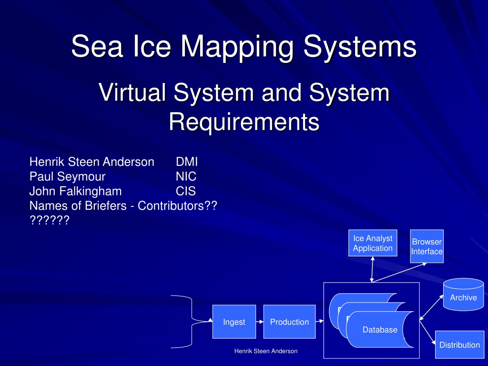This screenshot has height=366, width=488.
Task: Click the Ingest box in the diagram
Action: (234, 322)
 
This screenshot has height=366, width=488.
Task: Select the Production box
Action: (289, 322)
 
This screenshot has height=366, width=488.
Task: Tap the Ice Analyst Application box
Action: (373, 243)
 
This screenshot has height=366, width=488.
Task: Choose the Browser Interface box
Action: (427, 246)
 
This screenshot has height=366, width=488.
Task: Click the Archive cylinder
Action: (463, 295)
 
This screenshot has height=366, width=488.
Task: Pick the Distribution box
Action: (460, 345)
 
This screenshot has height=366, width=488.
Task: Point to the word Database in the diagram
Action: (380, 330)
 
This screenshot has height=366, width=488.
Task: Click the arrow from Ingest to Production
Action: (260, 322)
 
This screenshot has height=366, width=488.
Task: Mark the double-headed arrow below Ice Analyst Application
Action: (372, 270)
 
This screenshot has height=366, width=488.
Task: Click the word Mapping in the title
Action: (237, 46)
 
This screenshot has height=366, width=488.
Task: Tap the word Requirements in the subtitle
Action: (244, 122)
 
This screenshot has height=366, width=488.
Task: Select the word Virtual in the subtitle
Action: (132, 92)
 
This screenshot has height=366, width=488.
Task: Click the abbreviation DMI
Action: (187, 162)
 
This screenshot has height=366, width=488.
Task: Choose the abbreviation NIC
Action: (186, 176)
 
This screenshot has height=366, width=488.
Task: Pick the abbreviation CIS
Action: (186, 191)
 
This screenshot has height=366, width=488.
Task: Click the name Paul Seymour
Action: (68, 177)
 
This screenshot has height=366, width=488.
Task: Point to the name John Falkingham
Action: (76, 192)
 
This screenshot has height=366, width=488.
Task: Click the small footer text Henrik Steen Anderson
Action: (266, 351)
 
